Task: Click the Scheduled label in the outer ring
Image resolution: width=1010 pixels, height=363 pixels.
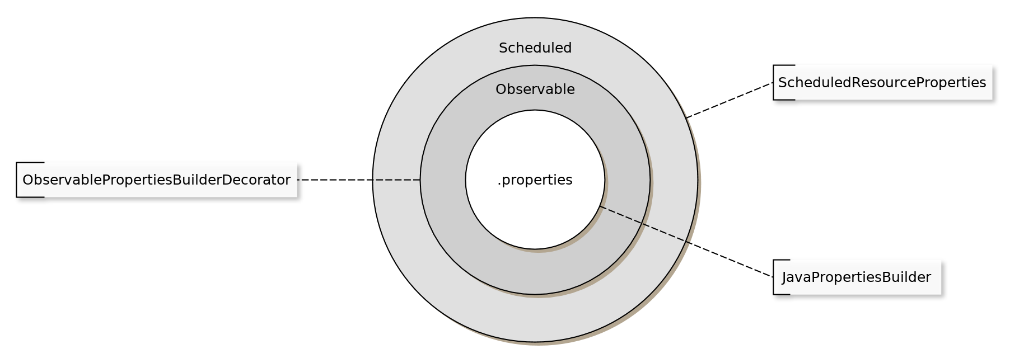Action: (535, 48)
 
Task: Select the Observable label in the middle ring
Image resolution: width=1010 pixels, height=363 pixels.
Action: (535, 89)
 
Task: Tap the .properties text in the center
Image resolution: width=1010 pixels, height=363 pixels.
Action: (535, 180)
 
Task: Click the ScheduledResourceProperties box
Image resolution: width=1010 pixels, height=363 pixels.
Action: (882, 83)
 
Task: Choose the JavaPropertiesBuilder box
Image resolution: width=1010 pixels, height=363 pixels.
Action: (857, 277)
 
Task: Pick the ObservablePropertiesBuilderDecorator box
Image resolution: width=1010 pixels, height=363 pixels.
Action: (157, 180)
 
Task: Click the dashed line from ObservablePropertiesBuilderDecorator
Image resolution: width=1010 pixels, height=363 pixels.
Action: (359, 180)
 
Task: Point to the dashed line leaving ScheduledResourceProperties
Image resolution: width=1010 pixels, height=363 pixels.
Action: (730, 100)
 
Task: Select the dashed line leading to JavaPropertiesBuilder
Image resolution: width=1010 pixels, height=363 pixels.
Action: (686, 242)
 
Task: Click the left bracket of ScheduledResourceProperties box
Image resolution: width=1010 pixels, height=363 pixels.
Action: (774, 83)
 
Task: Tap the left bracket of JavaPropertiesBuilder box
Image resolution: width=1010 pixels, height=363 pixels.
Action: (774, 277)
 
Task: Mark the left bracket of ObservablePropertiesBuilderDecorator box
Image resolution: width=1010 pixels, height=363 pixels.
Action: (17, 180)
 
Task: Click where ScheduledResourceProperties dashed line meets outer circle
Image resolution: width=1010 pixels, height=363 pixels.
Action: (686, 117)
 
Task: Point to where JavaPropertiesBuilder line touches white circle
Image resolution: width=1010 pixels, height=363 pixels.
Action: (600, 206)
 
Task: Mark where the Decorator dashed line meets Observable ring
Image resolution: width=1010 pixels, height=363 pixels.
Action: (420, 180)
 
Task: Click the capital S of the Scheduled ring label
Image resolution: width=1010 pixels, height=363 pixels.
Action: (503, 48)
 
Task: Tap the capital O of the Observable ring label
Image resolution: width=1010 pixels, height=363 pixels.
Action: (501, 89)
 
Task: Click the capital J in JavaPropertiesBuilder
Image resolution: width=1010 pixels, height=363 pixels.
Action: (785, 277)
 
